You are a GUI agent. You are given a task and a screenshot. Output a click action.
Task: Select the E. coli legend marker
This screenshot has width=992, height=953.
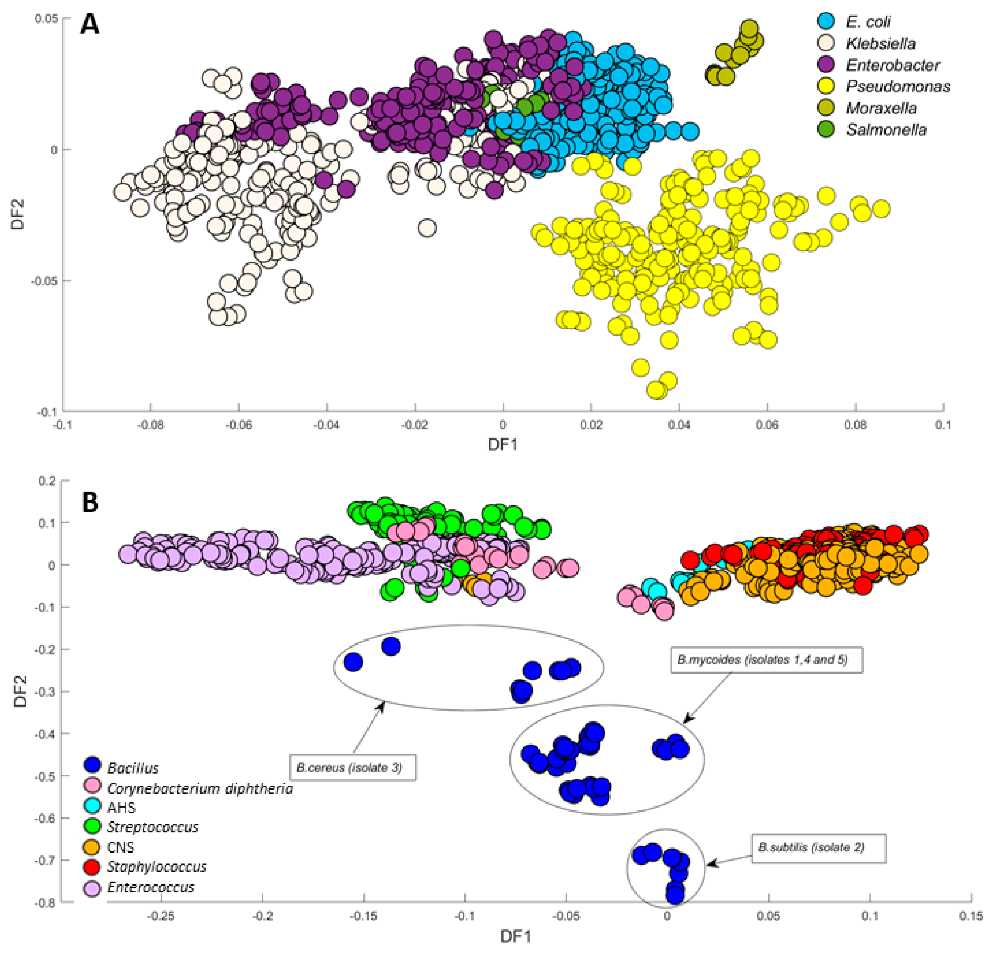[x=826, y=21]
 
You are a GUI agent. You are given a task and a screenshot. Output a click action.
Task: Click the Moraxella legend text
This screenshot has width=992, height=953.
[x=881, y=108]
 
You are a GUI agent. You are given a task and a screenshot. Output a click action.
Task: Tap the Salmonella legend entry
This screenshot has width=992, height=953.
[x=886, y=130]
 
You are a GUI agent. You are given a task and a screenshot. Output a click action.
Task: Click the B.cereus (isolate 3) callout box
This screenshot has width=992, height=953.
[x=353, y=767]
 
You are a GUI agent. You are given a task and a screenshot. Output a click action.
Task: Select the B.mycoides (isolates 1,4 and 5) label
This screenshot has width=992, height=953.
[x=766, y=660]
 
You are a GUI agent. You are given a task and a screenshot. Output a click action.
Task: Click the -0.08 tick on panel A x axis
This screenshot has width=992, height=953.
[x=150, y=425]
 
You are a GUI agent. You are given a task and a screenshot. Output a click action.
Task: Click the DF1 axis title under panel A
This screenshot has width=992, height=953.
[x=502, y=444]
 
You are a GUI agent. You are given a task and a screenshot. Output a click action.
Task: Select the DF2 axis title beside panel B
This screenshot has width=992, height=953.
[x=20, y=691]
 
